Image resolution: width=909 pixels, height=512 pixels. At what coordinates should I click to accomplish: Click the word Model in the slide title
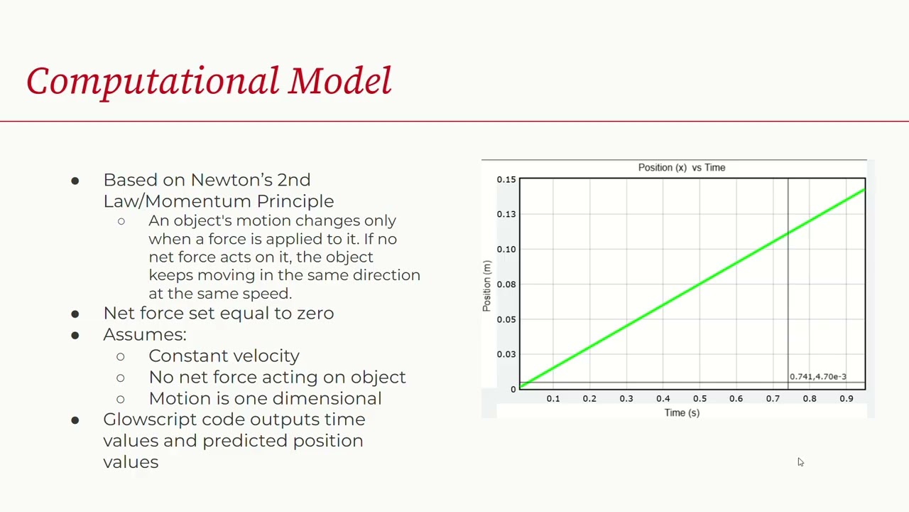coord(339,80)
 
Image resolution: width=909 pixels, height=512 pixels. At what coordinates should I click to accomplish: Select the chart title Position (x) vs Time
coord(681,168)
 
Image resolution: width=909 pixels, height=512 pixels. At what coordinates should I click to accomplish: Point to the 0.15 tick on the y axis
coord(506,180)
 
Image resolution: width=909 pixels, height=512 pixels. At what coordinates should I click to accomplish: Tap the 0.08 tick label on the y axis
coord(506,284)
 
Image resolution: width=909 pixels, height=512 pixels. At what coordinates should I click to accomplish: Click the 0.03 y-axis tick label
coord(506,354)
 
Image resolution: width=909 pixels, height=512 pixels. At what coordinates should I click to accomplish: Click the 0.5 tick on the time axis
coord(700,399)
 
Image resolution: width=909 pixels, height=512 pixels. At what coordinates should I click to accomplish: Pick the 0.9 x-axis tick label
coord(846,399)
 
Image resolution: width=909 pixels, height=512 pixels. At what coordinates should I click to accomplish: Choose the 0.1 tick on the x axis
coord(553,399)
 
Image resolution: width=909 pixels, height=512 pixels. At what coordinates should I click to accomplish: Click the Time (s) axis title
coord(682,412)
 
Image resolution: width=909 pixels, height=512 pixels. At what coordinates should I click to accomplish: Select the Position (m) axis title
coord(487,286)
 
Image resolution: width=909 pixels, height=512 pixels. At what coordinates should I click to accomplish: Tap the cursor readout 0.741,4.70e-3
coord(817,377)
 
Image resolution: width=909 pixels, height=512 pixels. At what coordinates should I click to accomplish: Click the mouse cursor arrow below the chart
coord(800,462)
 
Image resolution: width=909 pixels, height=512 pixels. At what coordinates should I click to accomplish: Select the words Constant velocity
coord(224,356)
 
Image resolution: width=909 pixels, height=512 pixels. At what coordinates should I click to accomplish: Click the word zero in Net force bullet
coord(315,313)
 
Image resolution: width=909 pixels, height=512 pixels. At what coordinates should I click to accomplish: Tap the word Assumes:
coord(144,334)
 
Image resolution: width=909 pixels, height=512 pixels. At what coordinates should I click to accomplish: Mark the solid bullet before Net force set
coord(75,314)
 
